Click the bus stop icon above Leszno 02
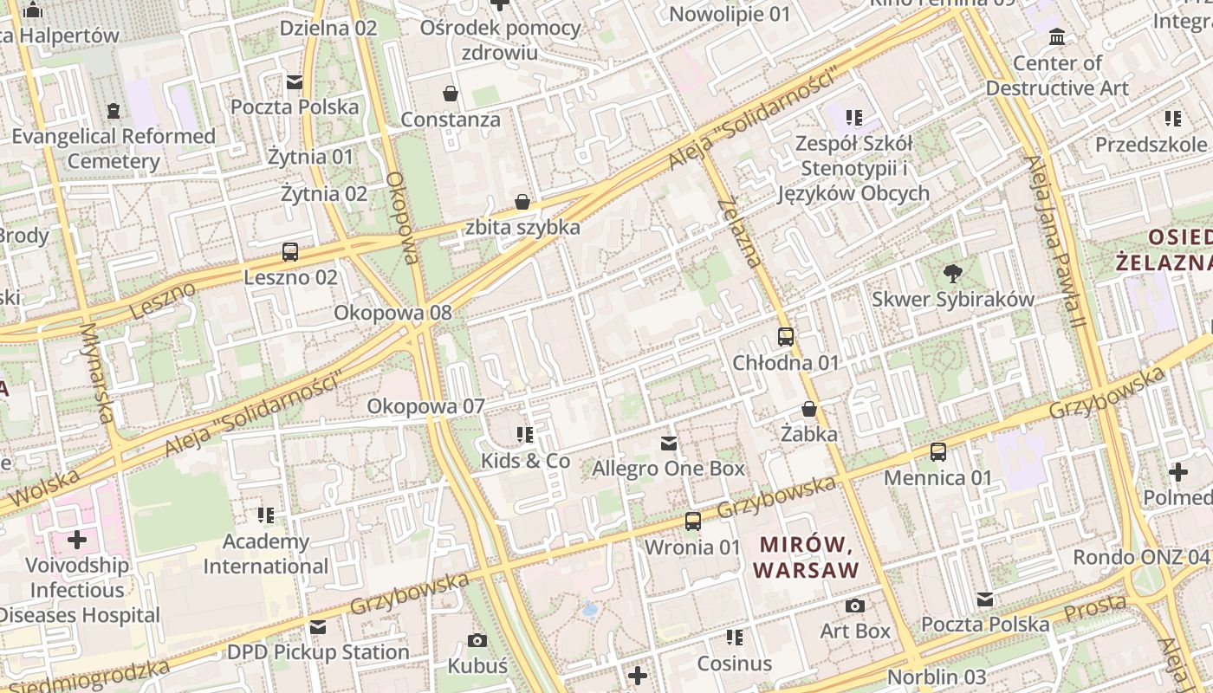click(x=290, y=252)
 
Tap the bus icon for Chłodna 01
click(x=786, y=337)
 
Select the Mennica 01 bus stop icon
click(x=938, y=451)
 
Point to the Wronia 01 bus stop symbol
click(x=693, y=521)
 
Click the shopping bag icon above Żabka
click(x=809, y=408)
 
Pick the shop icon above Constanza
click(x=451, y=93)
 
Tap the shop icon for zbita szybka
click(x=522, y=202)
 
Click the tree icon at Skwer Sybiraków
click(x=953, y=274)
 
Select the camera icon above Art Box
click(x=855, y=606)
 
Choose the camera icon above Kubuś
click(x=477, y=641)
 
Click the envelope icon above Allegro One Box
click(x=669, y=444)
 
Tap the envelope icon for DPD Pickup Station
click(x=318, y=627)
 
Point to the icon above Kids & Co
click(x=525, y=435)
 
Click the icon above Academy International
click(x=267, y=515)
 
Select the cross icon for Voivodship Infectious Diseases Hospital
click(x=77, y=540)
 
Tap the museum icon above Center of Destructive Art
click(x=1057, y=37)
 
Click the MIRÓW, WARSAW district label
click(x=807, y=557)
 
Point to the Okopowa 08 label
click(x=393, y=313)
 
